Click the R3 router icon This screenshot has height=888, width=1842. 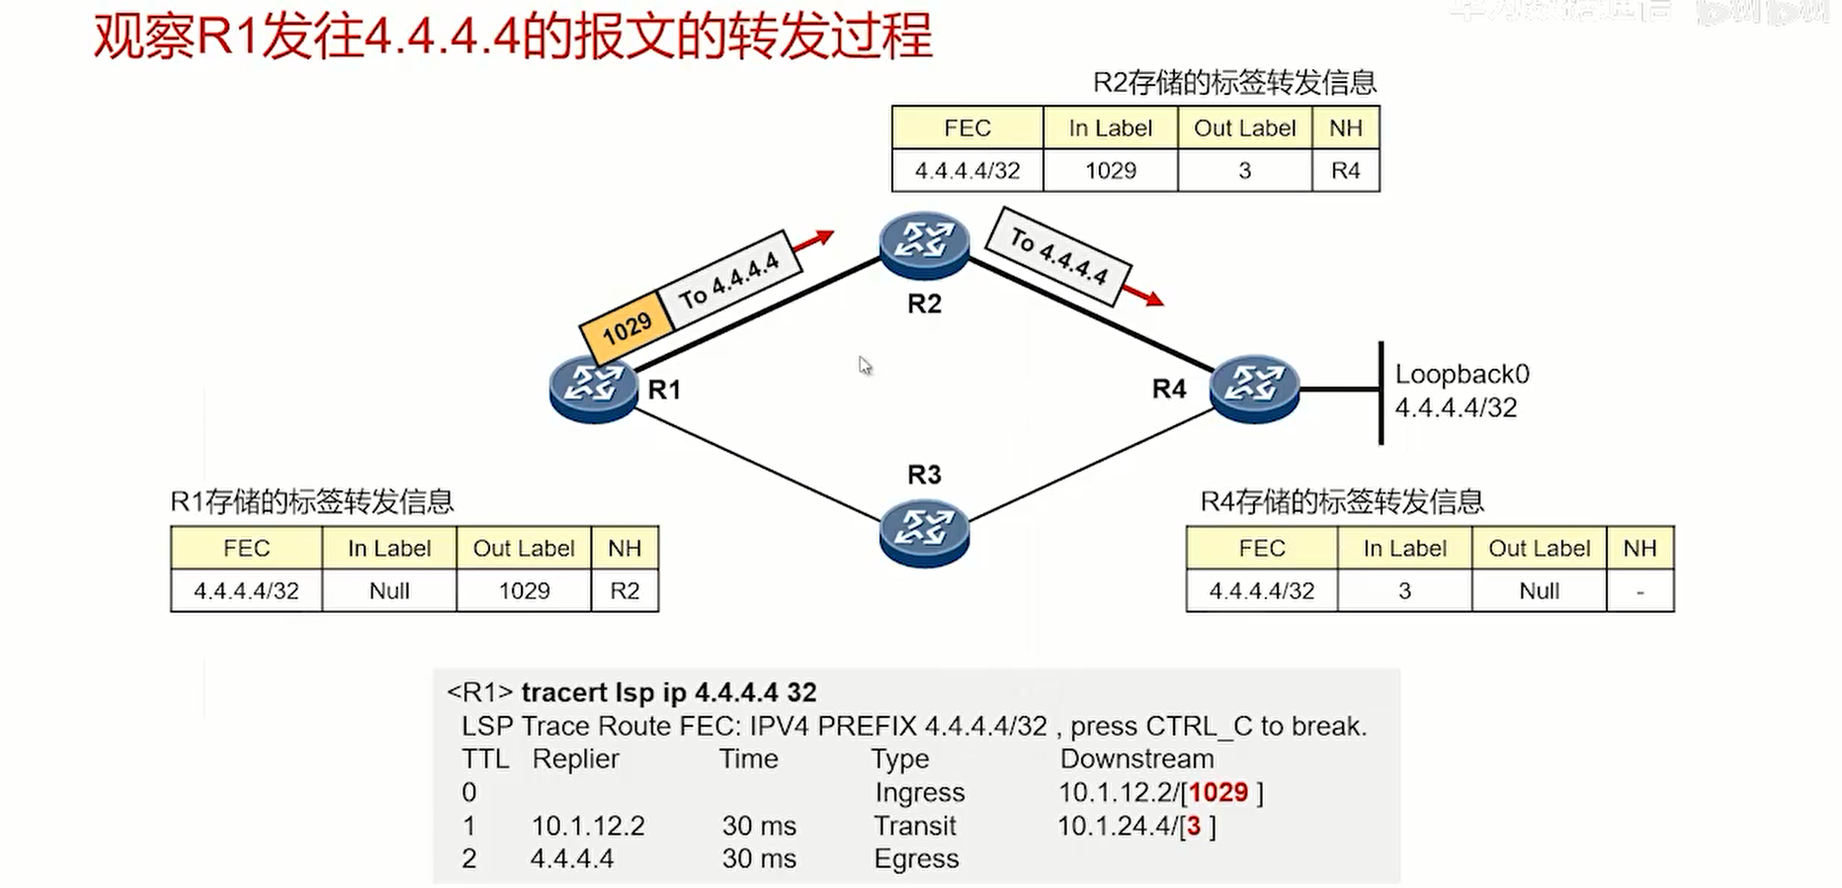pos(924,532)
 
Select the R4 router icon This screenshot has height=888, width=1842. pos(1254,388)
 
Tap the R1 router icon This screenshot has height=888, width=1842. pos(593,388)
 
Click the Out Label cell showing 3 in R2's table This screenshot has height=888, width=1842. pos(1244,171)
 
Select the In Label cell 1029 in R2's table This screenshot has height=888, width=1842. pos(1110,171)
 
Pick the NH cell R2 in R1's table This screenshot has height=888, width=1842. pos(625,591)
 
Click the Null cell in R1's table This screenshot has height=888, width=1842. pos(389,591)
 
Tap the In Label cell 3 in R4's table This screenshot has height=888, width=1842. pos(1404,591)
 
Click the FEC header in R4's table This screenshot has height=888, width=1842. pos(1261,548)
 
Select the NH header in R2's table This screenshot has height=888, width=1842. pos(1345,129)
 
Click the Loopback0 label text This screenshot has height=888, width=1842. pos(1462,375)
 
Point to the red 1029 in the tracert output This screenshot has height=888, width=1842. pos(1218,792)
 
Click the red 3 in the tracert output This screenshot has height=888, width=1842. pos(1194,826)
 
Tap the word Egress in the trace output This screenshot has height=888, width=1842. pos(916,858)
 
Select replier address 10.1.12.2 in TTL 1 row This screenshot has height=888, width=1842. pos(588,826)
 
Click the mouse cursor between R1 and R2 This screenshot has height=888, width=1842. pos(865,366)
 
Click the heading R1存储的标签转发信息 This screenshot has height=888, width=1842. pos(312,502)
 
